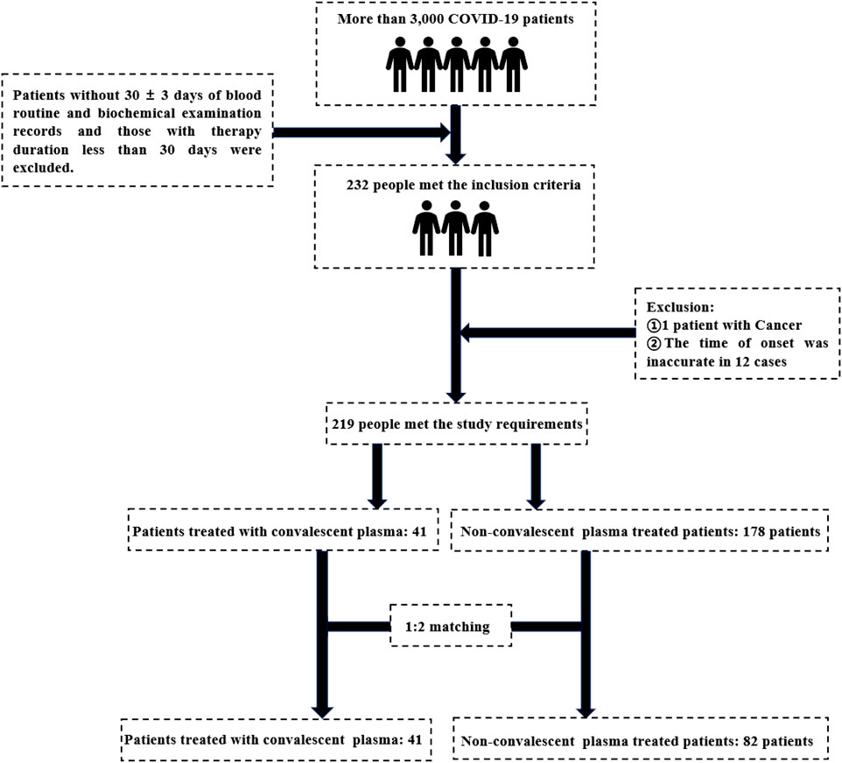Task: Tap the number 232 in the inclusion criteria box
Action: point(358,185)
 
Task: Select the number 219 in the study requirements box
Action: point(342,424)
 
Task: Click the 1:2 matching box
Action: point(451,626)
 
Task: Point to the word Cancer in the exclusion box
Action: point(778,325)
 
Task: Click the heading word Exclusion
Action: point(680,307)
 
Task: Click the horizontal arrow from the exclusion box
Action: point(548,332)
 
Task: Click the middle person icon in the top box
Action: point(456,65)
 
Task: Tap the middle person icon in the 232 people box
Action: point(455,228)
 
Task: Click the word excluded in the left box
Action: point(43,168)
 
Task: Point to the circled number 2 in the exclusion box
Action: point(654,343)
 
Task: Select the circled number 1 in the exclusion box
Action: point(654,325)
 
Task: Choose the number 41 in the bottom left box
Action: point(415,739)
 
